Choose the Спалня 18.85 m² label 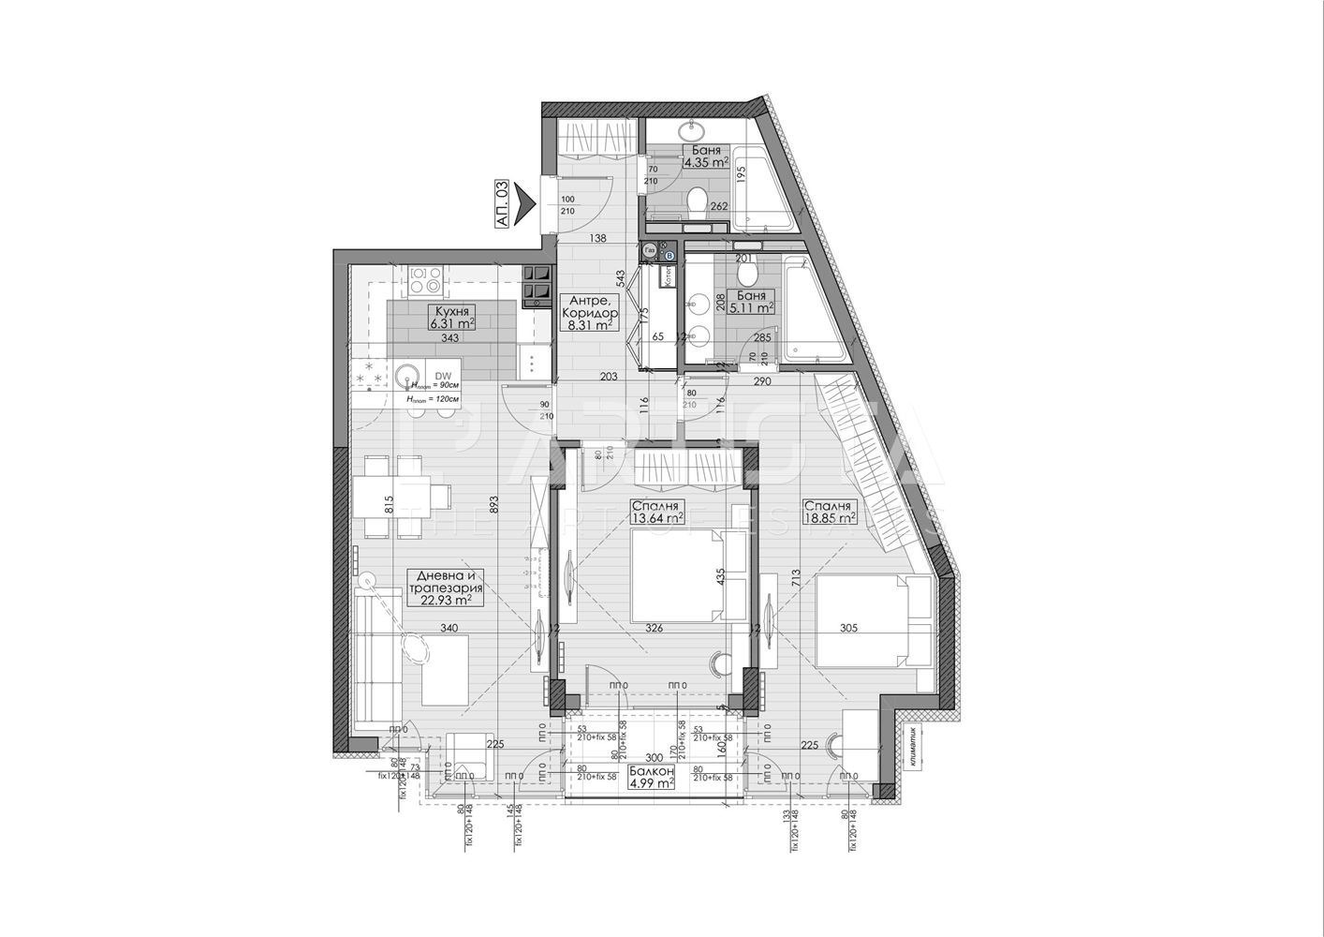coord(830,511)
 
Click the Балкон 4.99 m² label coord(651,778)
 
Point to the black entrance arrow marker coord(524,201)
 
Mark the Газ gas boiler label coord(649,249)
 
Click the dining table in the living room coord(391,497)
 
